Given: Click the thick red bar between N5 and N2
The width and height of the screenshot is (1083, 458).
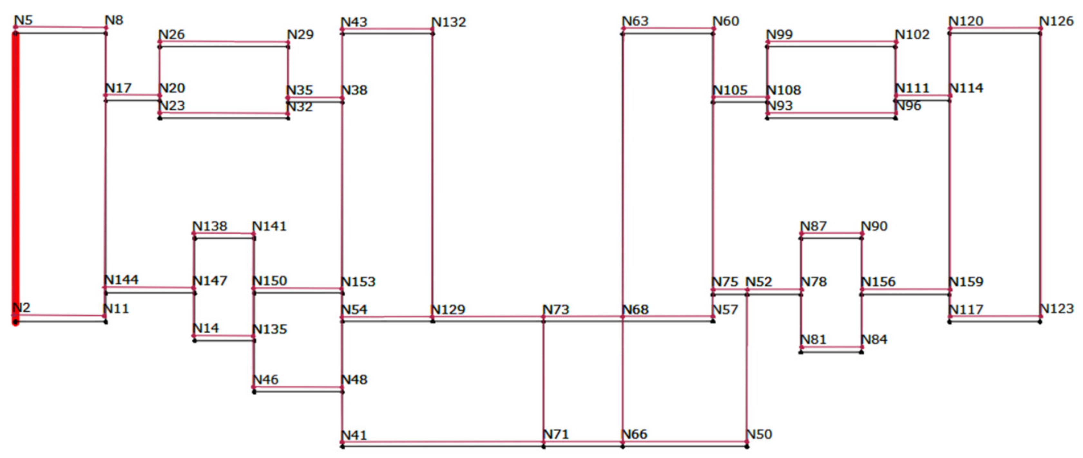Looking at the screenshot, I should click(15, 177).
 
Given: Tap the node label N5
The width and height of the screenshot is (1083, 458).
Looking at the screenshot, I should click(23, 20).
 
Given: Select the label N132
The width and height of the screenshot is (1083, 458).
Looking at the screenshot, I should click(449, 22).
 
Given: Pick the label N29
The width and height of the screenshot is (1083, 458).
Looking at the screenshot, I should click(300, 34).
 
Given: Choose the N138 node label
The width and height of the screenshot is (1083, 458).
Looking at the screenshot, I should click(210, 226).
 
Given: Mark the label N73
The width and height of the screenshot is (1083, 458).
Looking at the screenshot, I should click(556, 309).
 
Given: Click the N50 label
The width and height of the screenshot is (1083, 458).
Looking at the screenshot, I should click(759, 434).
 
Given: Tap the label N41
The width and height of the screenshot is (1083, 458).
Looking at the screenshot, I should click(354, 435).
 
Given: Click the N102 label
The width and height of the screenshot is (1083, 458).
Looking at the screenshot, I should click(912, 34).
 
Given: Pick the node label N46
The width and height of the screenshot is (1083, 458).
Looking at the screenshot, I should click(266, 379).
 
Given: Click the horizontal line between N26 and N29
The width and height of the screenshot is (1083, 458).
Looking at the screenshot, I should click(224, 44).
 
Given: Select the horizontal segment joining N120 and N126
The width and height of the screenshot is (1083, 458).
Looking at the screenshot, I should click(995, 31).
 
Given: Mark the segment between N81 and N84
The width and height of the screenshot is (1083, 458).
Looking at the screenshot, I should click(831, 349).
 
